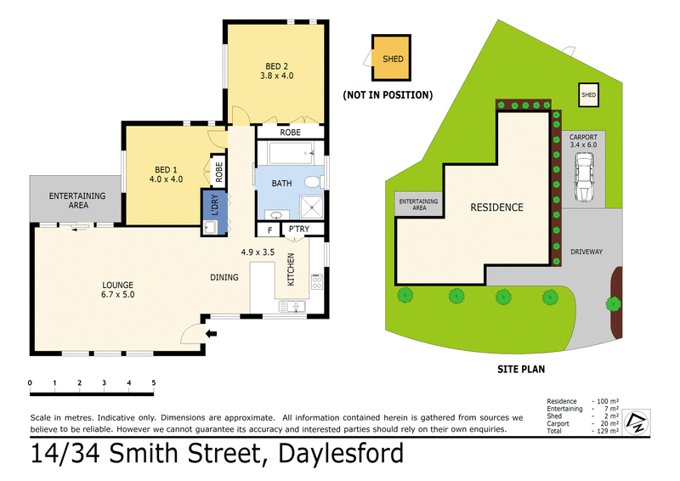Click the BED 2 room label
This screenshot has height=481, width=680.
[x=275, y=71]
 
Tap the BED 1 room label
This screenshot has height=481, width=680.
[x=165, y=173]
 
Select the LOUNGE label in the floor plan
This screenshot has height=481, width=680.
[x=119, y=289]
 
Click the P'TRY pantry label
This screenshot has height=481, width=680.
[x=297, y=229]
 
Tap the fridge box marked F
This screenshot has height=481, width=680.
[x=269, y=229]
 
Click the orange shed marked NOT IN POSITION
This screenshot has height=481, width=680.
[x=392, y=59]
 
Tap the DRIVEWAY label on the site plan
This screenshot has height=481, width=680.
[x=586, y=252]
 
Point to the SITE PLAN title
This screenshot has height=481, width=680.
[x=520, y=369]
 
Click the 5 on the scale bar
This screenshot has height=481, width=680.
[x=153, y=383]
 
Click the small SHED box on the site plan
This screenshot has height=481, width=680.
[x=588, y=95]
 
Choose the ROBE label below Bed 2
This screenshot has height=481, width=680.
[x=290, y=133]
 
